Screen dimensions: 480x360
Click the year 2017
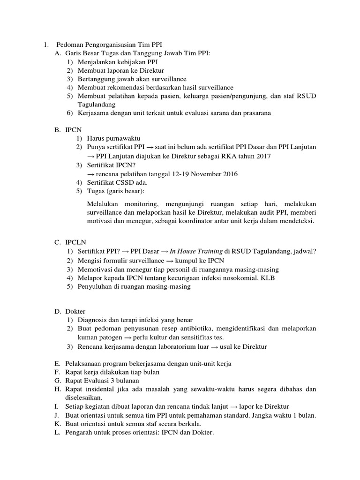[261, 156]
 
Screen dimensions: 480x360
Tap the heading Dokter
[76, 311]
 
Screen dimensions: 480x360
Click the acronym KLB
[268, 277]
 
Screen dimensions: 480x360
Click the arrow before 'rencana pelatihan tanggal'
[91, 174]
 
